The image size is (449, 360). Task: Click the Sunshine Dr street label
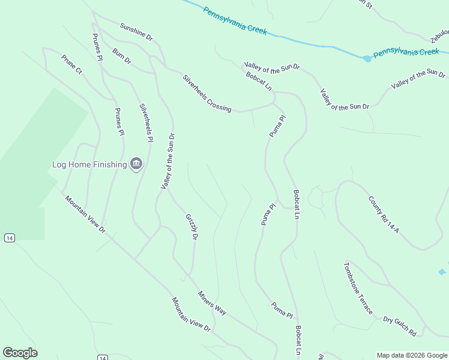(136, 32)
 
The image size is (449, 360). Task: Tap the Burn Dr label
(121, 56)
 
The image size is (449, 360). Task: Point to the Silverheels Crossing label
(206, 93)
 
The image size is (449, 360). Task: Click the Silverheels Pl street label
(146, 123)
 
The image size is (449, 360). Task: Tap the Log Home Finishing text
(89, 164)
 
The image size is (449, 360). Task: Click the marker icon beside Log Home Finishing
(136, 164)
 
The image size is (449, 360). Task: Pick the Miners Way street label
(212, 303)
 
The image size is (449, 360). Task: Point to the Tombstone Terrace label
(358, 288)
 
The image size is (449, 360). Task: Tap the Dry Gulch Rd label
(400, 325)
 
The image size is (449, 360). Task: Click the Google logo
(20, 353)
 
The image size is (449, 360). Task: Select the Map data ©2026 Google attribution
(411, 355)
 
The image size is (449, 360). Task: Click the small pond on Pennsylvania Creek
(367, 58)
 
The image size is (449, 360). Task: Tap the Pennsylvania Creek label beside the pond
(406, 53)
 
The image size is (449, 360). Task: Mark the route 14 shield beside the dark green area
(9, 238)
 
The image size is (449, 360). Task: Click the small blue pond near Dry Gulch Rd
(442, 272)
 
